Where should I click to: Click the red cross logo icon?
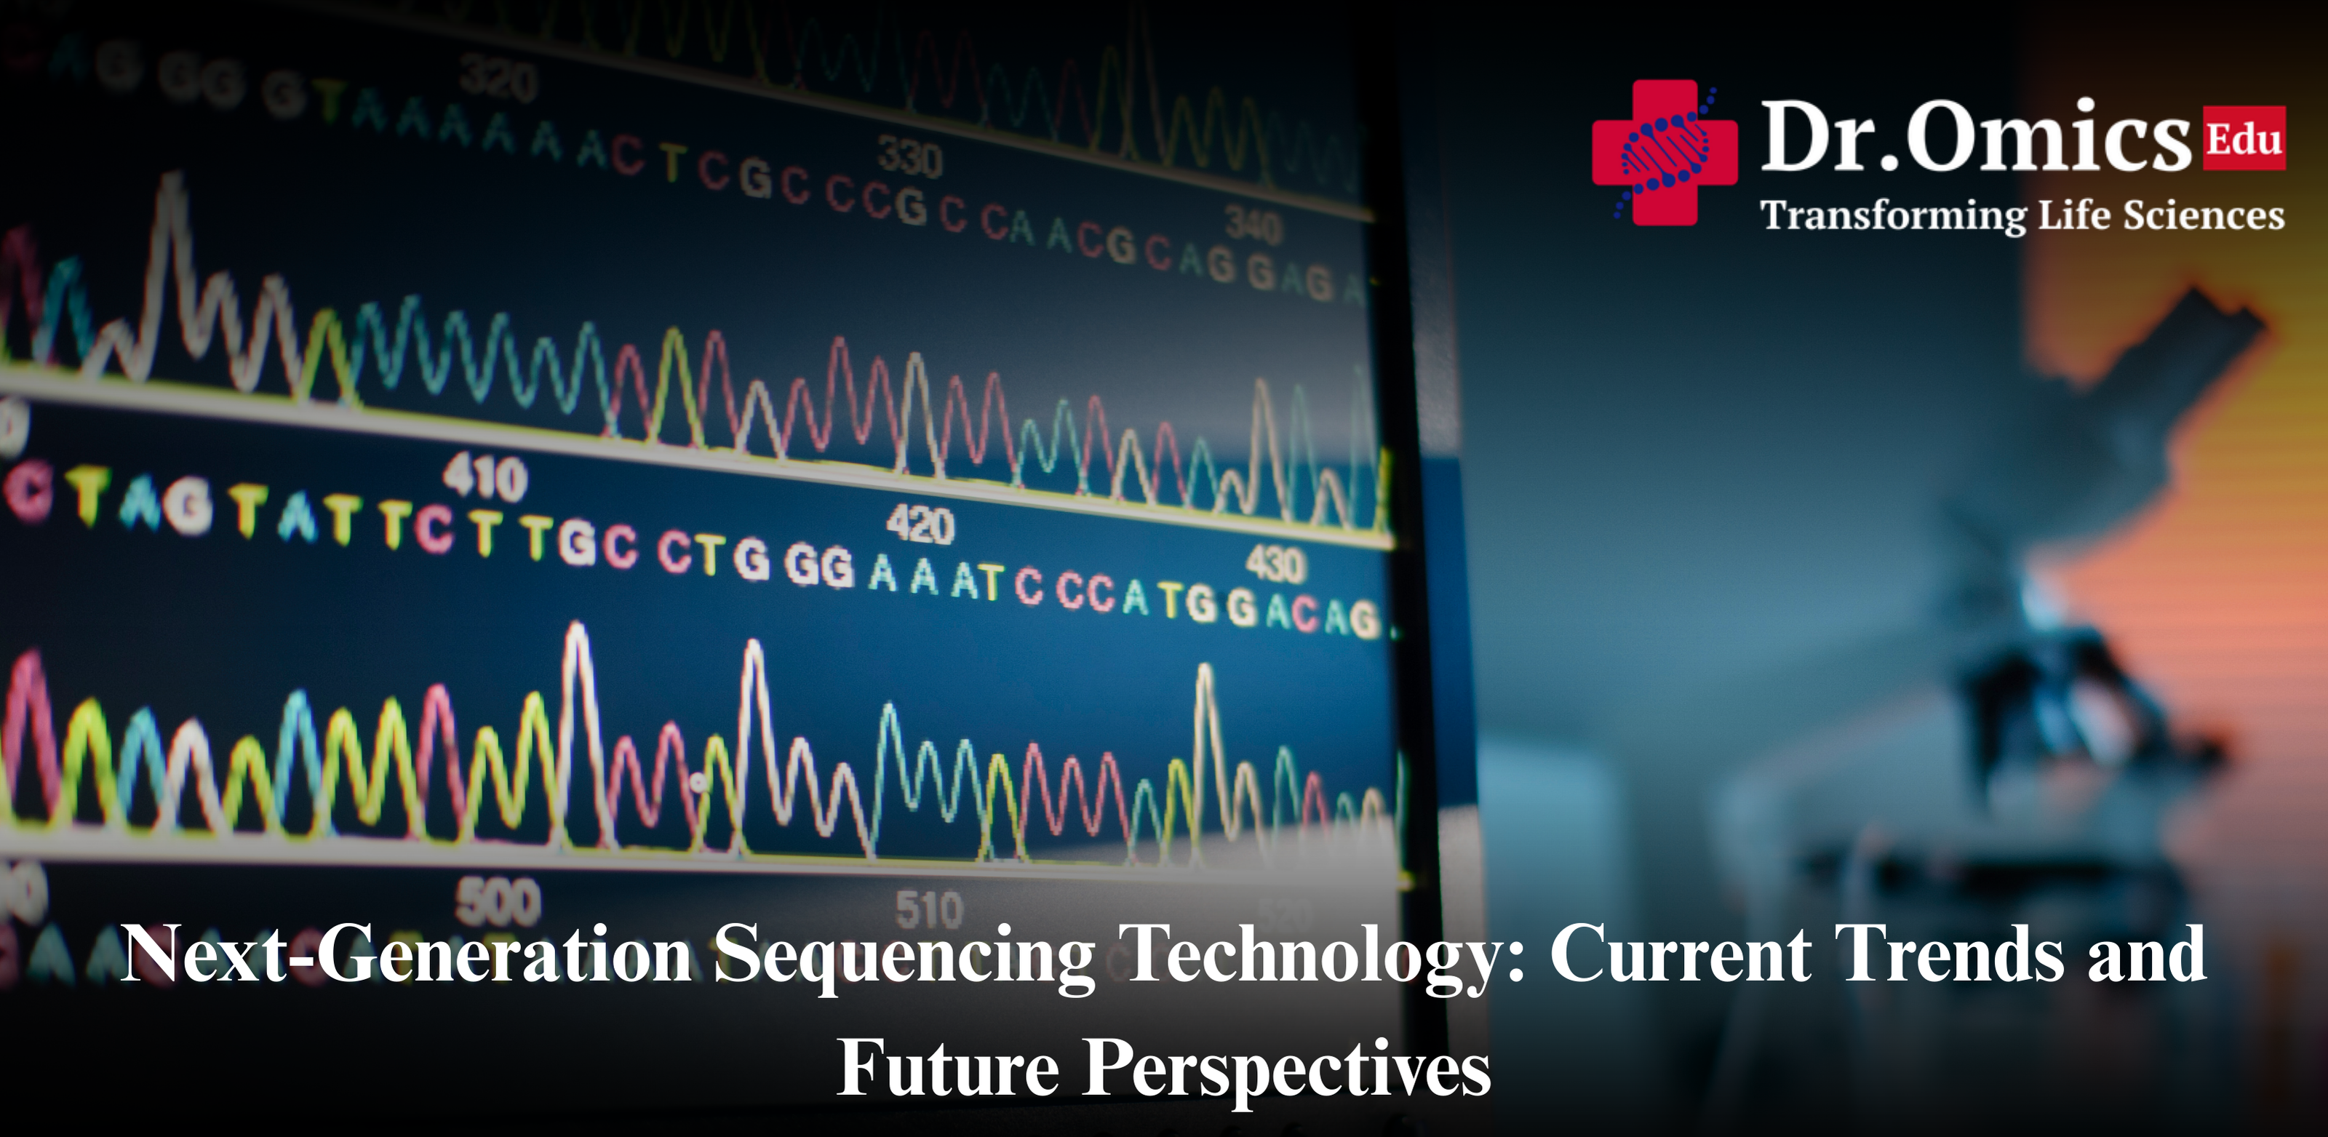[1664, 152]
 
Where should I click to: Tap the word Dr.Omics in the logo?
[1974, 138]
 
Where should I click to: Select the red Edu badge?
[2244, 139]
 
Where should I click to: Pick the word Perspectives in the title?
[1287, 1069]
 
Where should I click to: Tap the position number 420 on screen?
[920, 524]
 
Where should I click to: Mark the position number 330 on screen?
[909, 159]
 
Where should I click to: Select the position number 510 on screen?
[929, 909]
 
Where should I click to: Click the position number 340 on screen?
[1253, 225]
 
